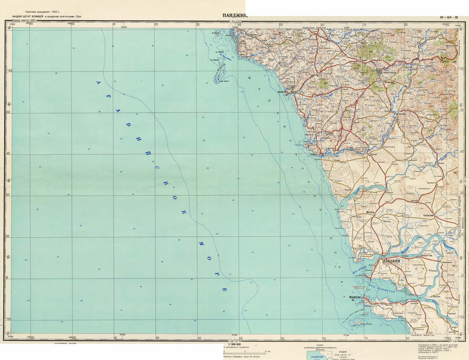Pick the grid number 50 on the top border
[x=281, y=25]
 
